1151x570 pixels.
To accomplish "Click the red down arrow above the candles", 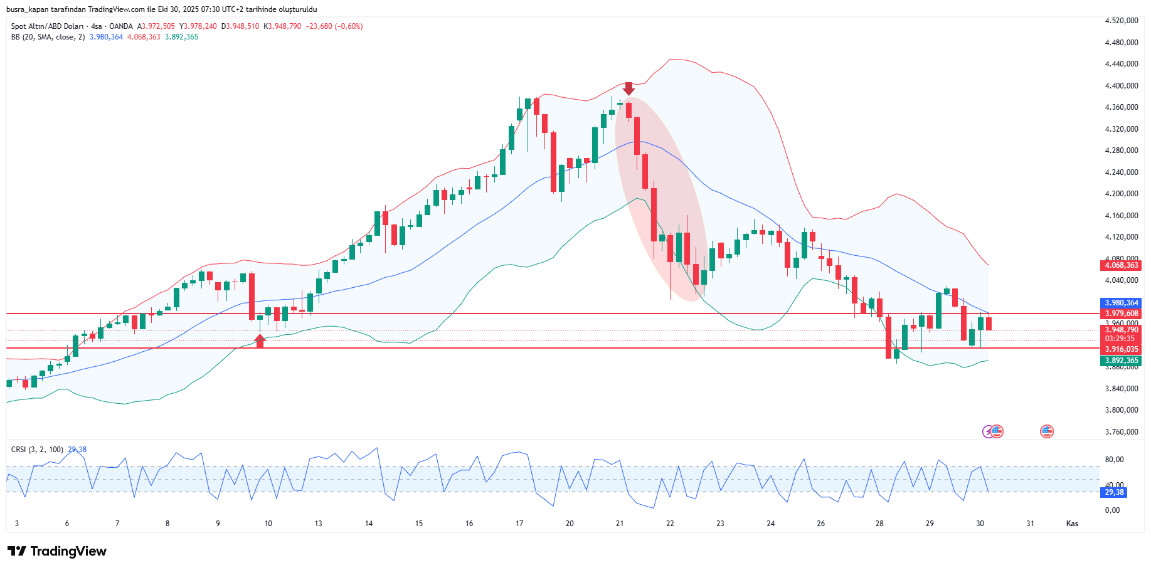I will click(629, 88).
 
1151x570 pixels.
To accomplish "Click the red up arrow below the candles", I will click(260, 340).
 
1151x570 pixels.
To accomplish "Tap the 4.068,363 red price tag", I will click(1121, 265).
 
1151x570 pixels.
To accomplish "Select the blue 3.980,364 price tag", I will click(1121, 303).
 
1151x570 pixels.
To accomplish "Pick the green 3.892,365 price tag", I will click(1121, 361).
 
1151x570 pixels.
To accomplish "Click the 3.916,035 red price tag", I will click(1121, 349).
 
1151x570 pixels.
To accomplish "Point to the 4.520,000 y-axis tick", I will click(1122, 21).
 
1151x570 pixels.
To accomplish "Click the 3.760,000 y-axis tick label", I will click(1122, 432).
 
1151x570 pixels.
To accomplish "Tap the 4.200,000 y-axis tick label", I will click(1122, 194).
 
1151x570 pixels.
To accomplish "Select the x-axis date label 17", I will click(519, 524).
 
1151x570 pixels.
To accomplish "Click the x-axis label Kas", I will click(1072, 524).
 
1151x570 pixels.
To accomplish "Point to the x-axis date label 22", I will click(670, 524).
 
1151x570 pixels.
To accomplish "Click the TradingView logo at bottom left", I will click(57, 551).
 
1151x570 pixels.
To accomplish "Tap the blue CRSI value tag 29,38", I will click(1115, 492).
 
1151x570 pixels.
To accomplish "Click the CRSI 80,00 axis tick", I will click(1114, 460).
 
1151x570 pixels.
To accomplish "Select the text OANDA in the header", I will click(121, 26).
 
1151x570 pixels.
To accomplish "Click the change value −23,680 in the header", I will click(319, 26).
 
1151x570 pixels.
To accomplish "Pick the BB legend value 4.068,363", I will click(144, 37).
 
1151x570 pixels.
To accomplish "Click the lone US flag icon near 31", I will click(1046, 431).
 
